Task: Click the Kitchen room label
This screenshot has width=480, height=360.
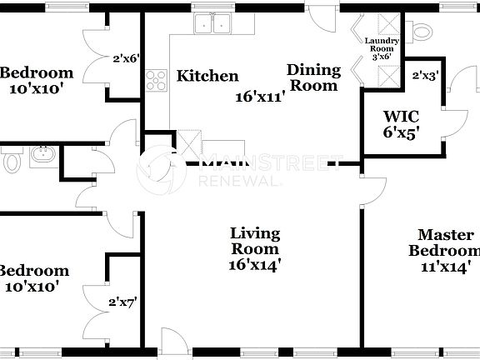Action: [x=207, y=77]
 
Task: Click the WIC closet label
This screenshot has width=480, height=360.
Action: [x=400, y=116]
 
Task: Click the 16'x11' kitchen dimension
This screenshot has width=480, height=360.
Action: [x=260, y=96]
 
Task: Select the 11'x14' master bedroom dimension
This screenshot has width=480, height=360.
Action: [x=446, y=267]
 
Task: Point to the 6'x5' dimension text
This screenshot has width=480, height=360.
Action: [x=401, y=131]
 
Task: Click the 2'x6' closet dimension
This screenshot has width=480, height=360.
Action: [x=126, y=59]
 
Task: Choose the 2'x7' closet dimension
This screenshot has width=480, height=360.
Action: [x=122, y=304]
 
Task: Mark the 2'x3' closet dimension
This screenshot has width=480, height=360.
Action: [x=425, y=76]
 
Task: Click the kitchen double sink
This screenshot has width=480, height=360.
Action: [x=212, y=23]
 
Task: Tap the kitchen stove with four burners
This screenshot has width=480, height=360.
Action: [x=156, y=80]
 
